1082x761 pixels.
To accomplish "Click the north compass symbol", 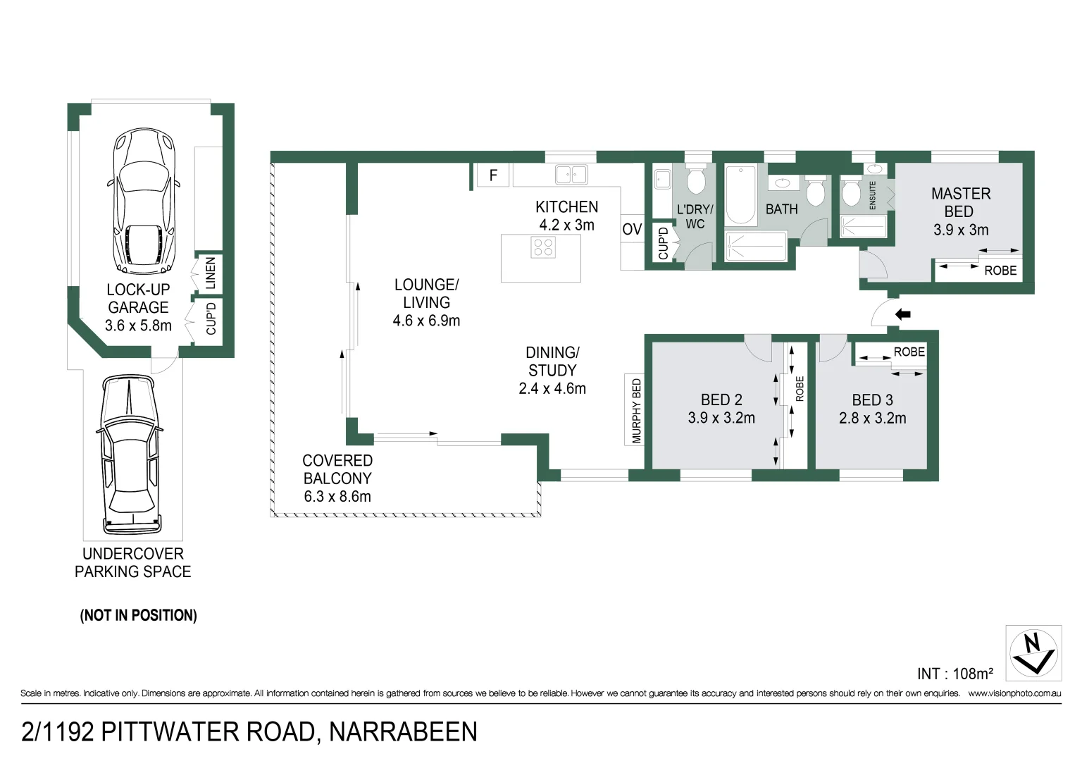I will pyautogui.click(x=1033, y=653).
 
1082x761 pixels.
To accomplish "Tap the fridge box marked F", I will pyautogui.click(x=493, y=175).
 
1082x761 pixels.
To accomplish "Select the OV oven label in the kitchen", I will pyautogui.click(x=632, y=229).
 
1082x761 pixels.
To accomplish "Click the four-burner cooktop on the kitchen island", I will pyautogui.click(x=543, y=247).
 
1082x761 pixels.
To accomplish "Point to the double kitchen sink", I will pyautogui.click(x=571, y=174).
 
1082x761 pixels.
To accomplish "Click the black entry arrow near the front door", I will pyautogui.click(x=902, y=314).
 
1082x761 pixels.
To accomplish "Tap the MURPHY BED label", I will pyautogui.click(x=636, y=411).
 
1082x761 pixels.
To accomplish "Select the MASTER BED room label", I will pyautogui.click(x=960, y=202).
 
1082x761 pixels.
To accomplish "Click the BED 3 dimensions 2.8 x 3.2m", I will pyautogui.click(x=872, y=419).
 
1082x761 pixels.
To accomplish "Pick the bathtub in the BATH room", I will pyautogui.click(x=740, y=194).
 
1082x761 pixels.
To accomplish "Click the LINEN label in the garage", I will pyautogui.click(x=210, y=273).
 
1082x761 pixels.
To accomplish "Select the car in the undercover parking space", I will pyautogui.click(x=130, y=454).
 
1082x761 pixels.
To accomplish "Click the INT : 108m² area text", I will pyautogui.click(x=954, y=674).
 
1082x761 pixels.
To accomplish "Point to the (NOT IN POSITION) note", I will pyautogui.click(x=138, y=615).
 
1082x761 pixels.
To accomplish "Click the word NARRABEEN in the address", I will pyautogui.click(x=403, y=732).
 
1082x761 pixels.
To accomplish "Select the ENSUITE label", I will pyautogui.click(x=872, y=195).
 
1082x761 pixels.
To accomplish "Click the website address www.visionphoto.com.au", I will pyautogui.click(x=1014, y=693).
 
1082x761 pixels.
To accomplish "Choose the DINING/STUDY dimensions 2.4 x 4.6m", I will pyautogui.click(x=552, y=389).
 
